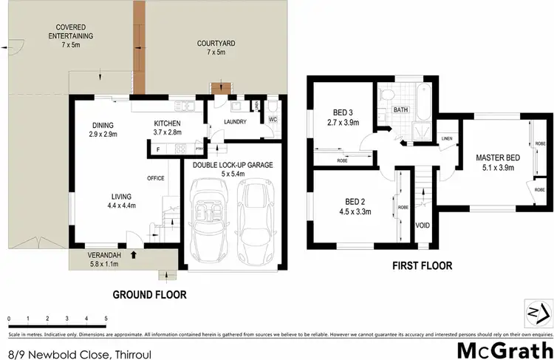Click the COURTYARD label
tap(216, 44)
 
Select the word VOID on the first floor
tap(423, 225)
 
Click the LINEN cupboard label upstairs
tap(446, 138)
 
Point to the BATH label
tap(400, 109)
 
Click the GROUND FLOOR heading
tap(149, 294)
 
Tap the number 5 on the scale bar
tap(106, 318)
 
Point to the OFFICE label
tap(155, 177)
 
